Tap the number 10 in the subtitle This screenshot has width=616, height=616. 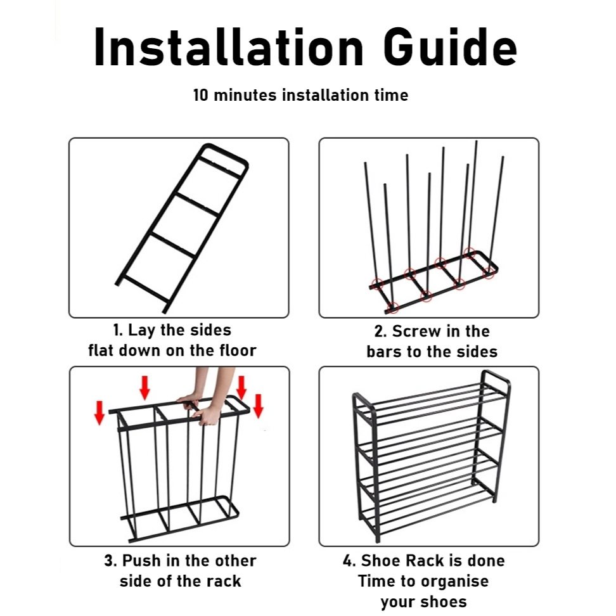[200, 96]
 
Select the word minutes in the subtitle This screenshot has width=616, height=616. [245, 96]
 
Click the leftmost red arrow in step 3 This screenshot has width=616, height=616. [99, 413]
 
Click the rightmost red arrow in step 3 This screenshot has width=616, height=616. [258, 406]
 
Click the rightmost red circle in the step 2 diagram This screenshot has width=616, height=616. [489, 273]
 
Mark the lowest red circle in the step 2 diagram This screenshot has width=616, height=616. [393, 307]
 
